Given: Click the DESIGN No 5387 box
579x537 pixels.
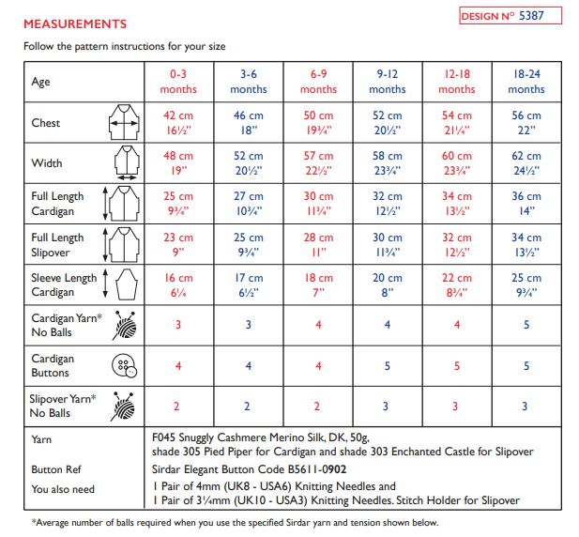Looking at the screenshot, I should click(510, 16).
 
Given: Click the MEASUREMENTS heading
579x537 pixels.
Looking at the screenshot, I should click(74, 23).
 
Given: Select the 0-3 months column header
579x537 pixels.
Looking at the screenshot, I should click(178, 82).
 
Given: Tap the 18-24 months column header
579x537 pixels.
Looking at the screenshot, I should click(526, 82).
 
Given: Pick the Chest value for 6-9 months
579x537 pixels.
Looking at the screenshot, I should click(318, 122).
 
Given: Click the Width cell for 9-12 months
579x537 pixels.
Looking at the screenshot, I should click(388, 162).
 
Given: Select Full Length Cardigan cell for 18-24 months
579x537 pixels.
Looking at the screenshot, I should click(526, 204).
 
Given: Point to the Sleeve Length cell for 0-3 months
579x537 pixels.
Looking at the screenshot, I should click(178, 284).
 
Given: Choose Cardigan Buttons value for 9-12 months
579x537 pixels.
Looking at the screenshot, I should click(388, 365).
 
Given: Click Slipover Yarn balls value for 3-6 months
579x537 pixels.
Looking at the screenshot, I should click(249, 406).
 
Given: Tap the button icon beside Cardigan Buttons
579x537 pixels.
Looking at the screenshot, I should click(123, 366).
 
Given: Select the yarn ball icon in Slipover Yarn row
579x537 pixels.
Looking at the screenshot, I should click(124, 406).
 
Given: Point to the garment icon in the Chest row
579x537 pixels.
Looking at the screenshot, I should click(124, 123).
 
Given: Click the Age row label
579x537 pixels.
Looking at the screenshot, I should click(41, 82).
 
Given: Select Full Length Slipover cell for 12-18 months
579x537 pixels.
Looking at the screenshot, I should click(457, 244).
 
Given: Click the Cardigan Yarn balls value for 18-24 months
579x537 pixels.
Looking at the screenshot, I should click(526, 325).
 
